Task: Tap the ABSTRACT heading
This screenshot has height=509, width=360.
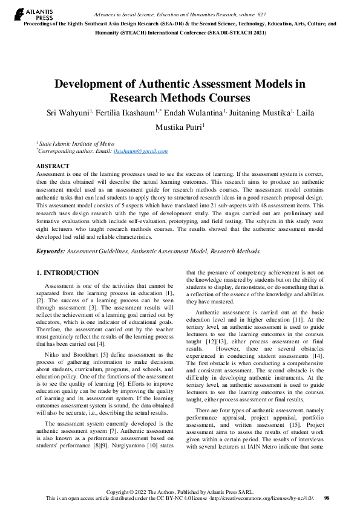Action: tap(53, 166)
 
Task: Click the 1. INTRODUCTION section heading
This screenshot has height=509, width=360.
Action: tap(67, 273)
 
